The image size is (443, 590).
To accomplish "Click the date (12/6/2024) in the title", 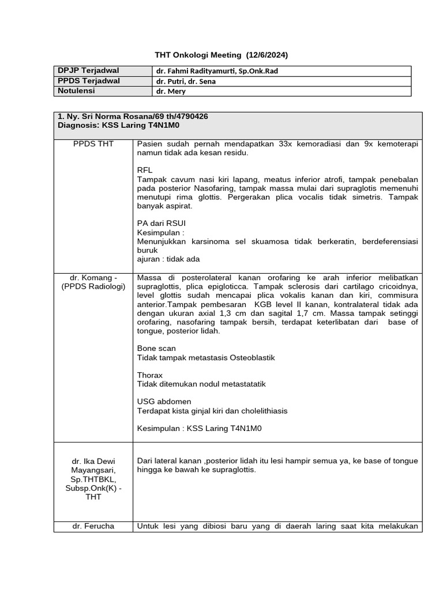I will tap(266, 55).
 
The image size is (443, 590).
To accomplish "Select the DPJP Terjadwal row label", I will tap(88, 71).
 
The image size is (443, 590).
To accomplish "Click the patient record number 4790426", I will tap(190, 116).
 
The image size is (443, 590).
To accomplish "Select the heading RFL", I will tap(145, 171).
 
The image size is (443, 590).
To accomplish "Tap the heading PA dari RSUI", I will tap(162, 223).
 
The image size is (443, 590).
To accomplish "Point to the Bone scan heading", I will tap(156, 349).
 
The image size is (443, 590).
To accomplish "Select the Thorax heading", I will tap(150, 375).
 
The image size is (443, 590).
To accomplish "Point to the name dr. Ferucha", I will tap(93, 526).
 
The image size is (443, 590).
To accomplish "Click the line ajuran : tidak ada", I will tap(168, 259).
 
